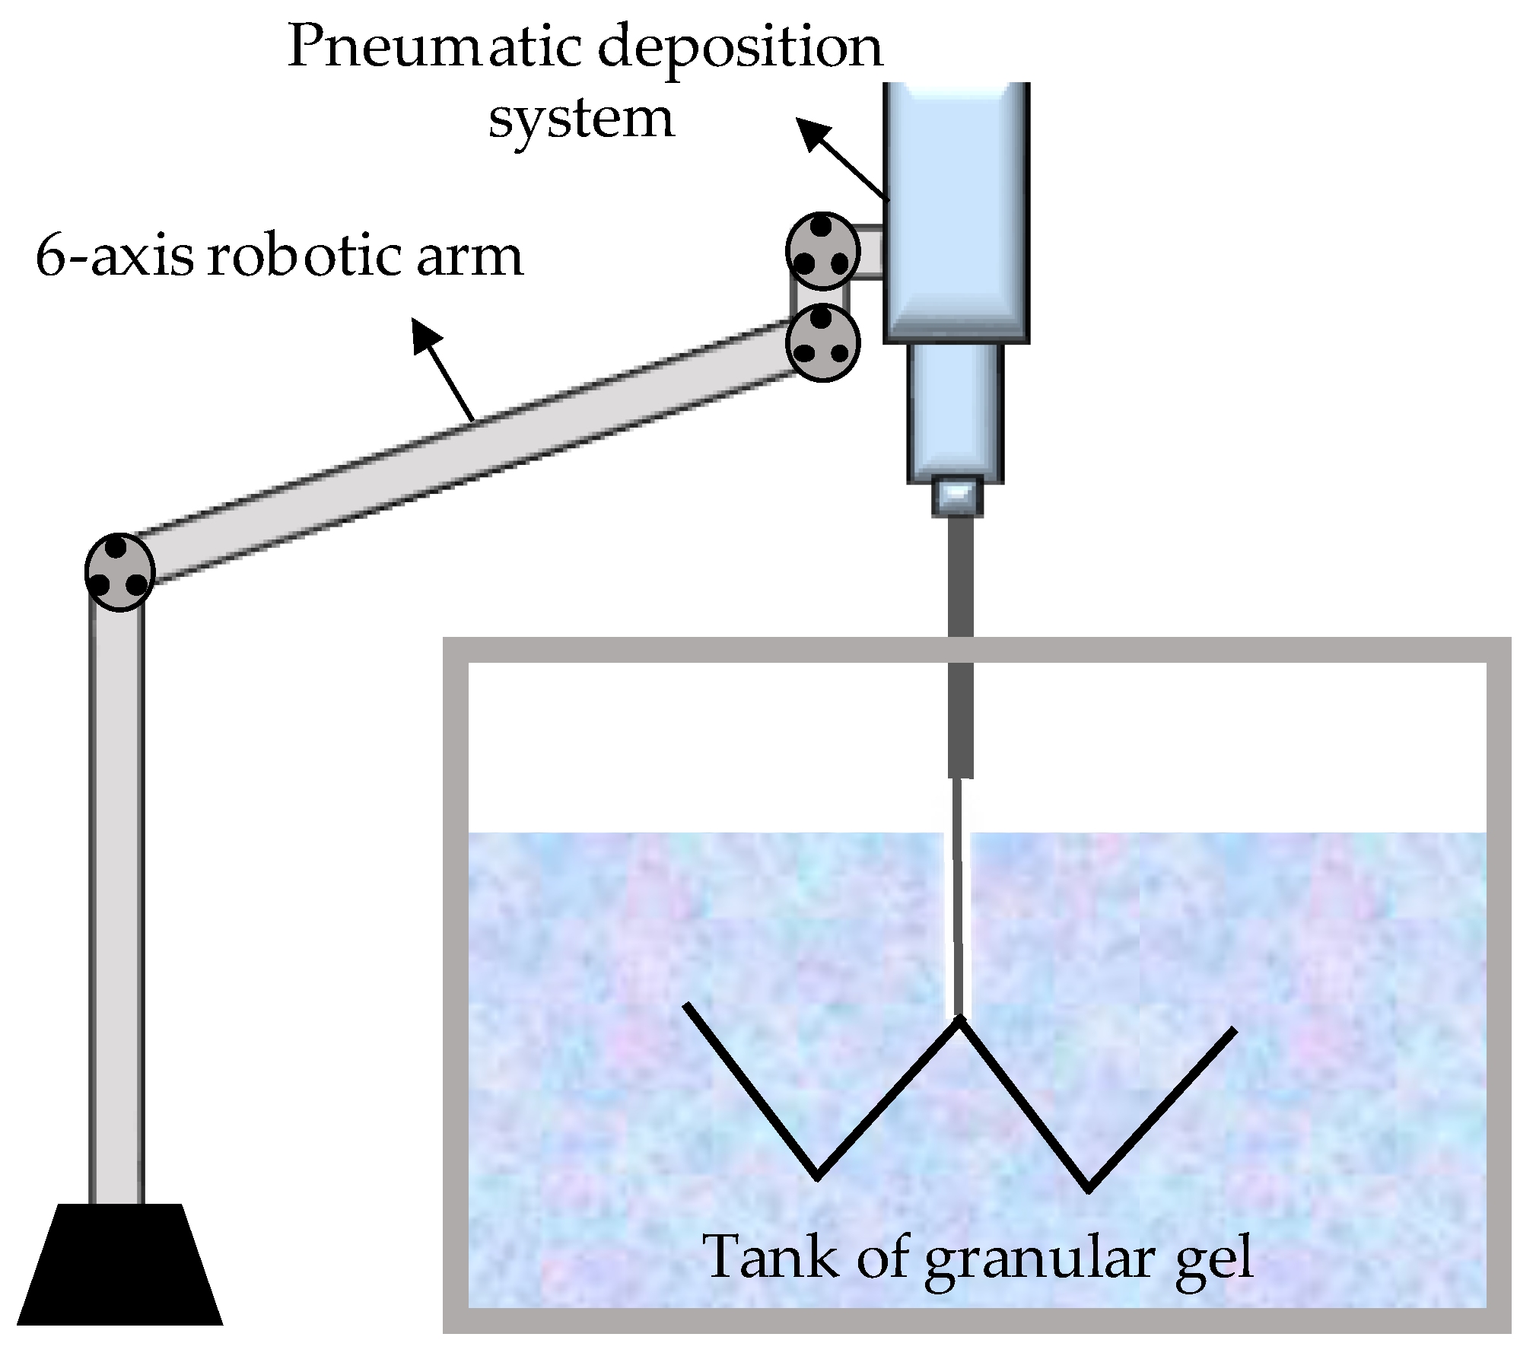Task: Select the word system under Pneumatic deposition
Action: [x=581, y=119]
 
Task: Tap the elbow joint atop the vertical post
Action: [x=119, y=571]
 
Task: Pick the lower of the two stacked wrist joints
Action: [x=822, y=342]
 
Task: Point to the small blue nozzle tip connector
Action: [x=956, y=496]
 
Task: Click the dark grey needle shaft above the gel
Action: [x=961, y=647]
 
